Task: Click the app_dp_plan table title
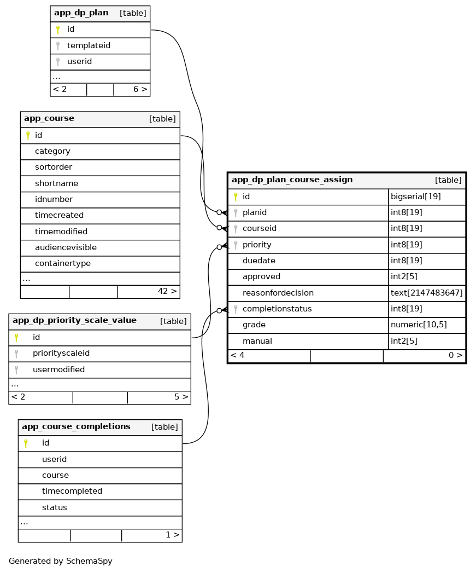pyautogui.click(x=81, y=13)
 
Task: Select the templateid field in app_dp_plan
pyautogui.click(x=89, y=45)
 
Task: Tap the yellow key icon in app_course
pyautogui.click(x=28, y=135)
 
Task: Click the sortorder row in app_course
pyautogui.click(x=53, y=167)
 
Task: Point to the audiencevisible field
pyautogui.click(x=66, y=247)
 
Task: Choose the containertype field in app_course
pyautogui.click(x=62, y=263)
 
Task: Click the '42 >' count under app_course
pyautogui.click(x=167, y=291)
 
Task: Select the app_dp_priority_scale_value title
pyautogui.click(x=74, y=320)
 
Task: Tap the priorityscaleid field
pyautogui.click(x=61, y=353)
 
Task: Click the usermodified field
pyautogui.click(x=58, y=369)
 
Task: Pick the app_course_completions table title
pyautogui.click(x=76, y=426)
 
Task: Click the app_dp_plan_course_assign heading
pyautogui.click(x=292, y=180)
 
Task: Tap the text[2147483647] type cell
pyautogui.click(x=426, y=293)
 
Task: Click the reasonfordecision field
pyautogui.click(x=278, y=293)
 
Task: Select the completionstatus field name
pyautogui.click(x=277, y=309)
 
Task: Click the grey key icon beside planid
pyautogui.click(x=236, y=212)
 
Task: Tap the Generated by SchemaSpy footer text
pyautogui.click(x=60, y=561)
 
